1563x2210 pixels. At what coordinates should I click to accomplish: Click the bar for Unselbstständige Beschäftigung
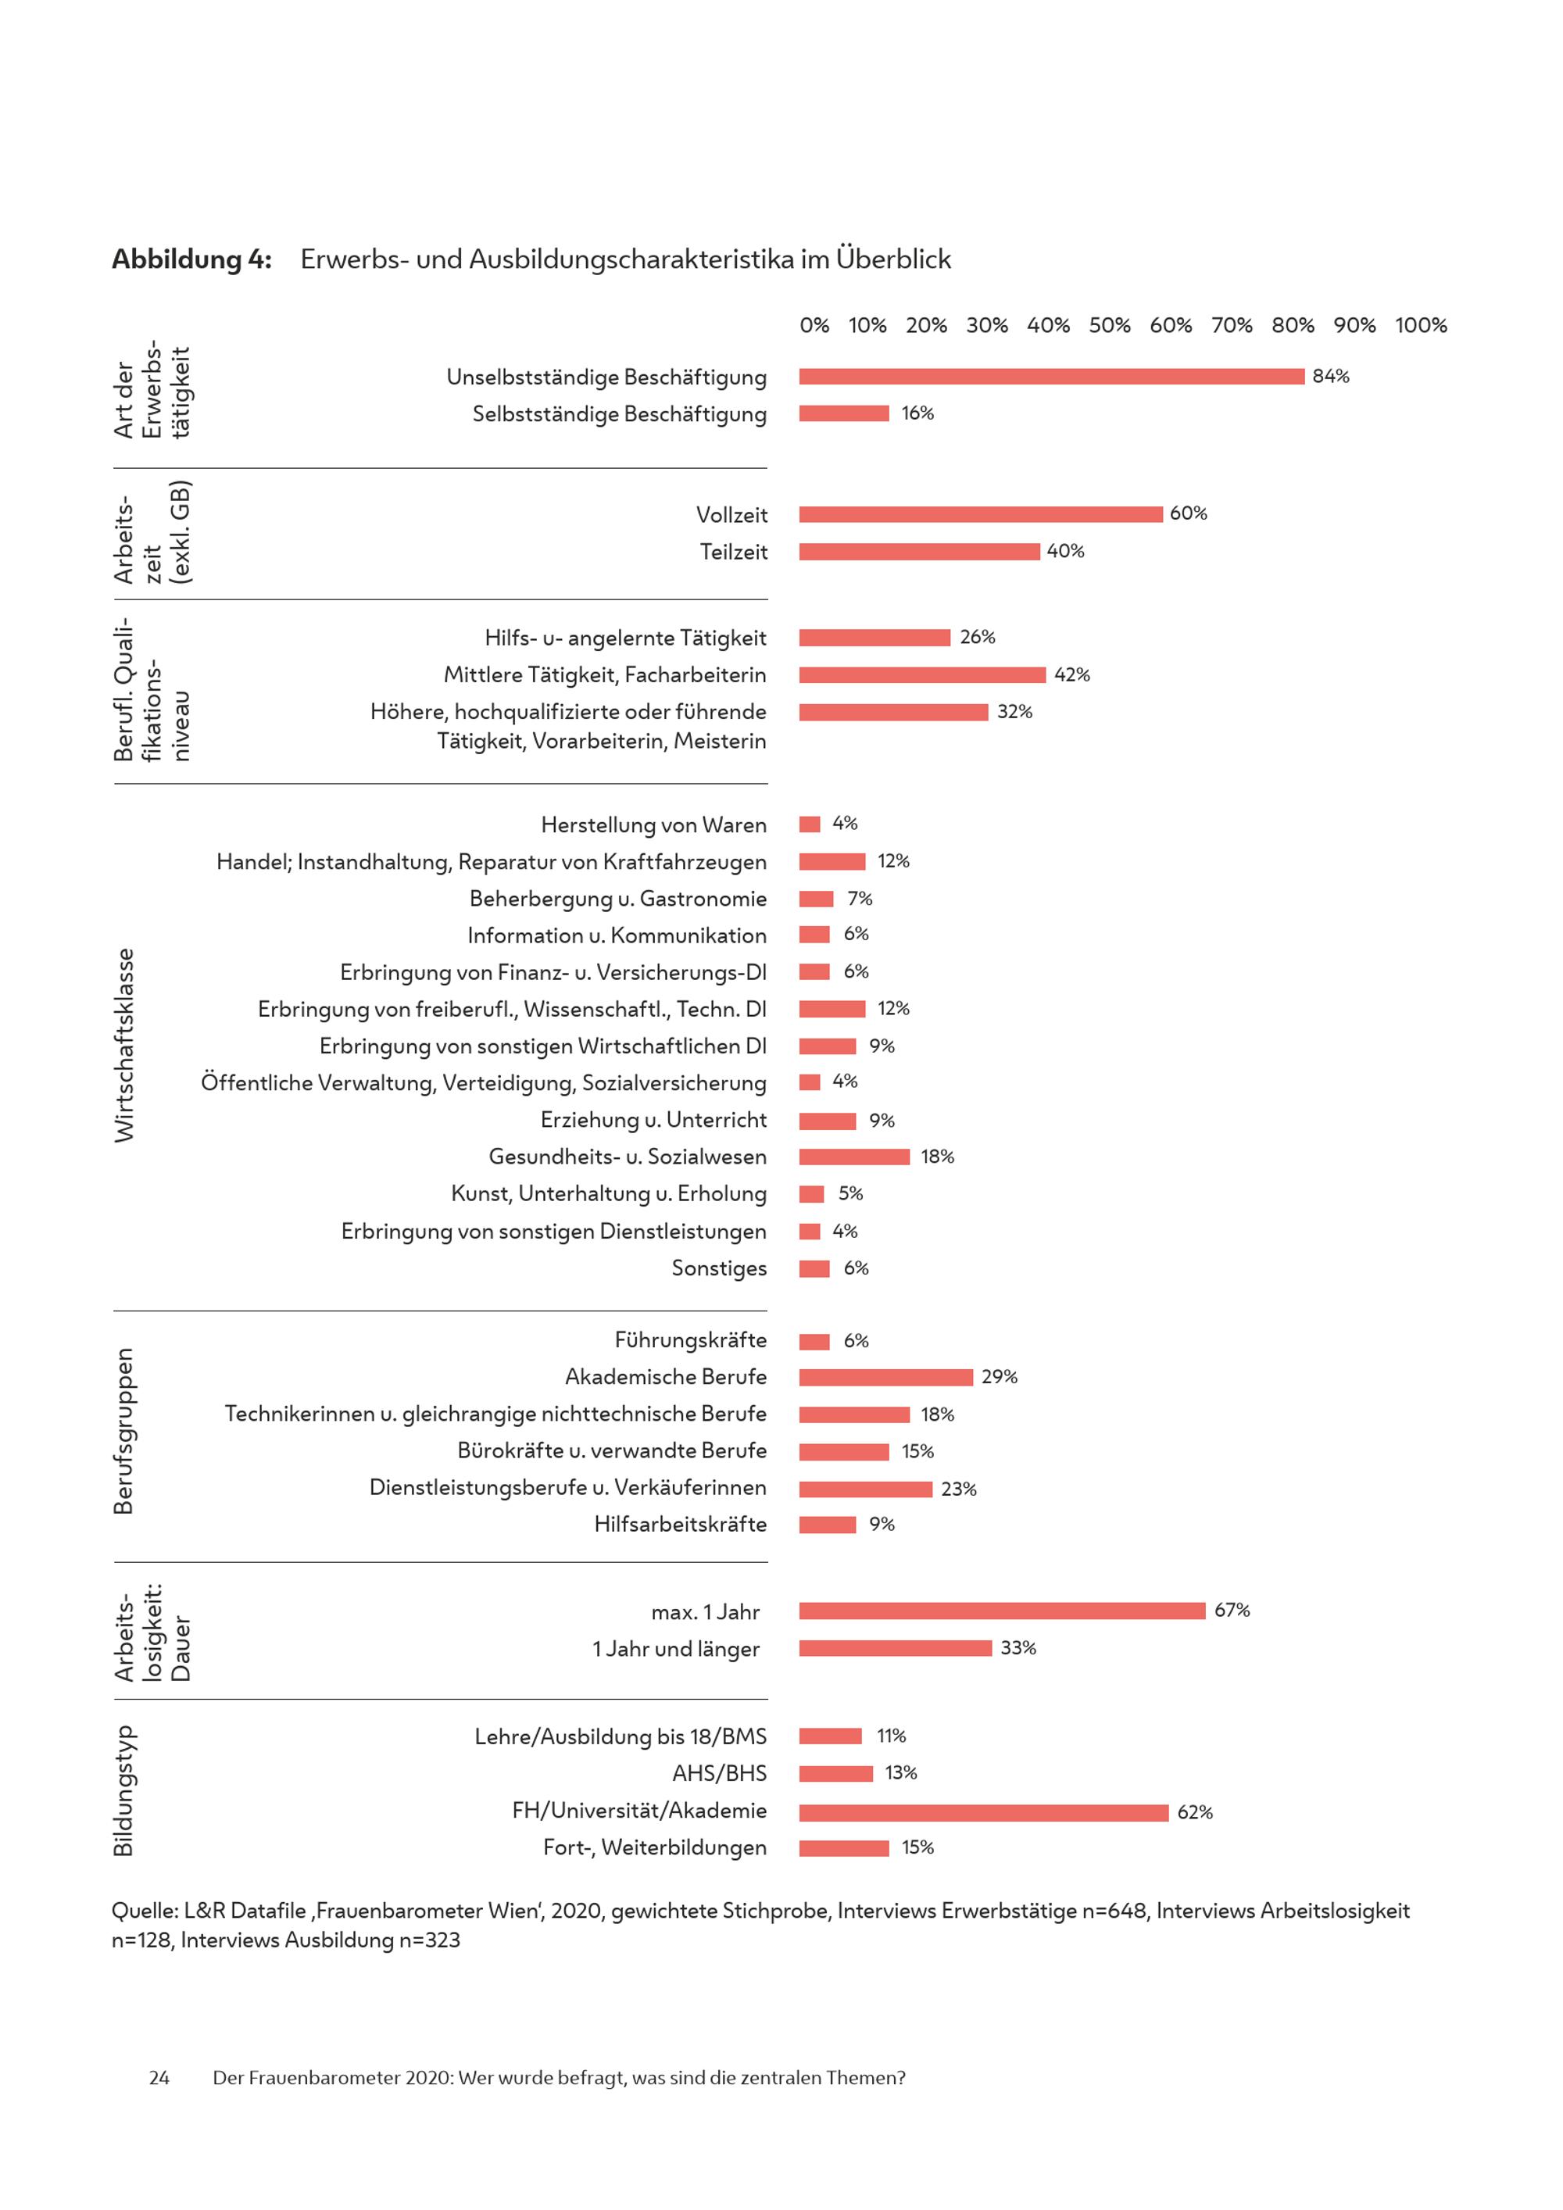coord(1051,377)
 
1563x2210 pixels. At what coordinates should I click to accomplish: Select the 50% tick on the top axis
coord(1109,325)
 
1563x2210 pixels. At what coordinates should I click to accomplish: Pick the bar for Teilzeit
coord(919,552)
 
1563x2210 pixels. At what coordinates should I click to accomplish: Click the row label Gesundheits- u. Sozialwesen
coord(628,1157)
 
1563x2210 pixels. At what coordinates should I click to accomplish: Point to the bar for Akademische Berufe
coord(885,1378)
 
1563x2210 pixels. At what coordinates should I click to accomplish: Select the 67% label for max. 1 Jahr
coord(1231,1611)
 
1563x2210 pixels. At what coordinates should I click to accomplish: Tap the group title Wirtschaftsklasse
coord(125,1046)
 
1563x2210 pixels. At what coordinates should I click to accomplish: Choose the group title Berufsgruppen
coord(124,1432)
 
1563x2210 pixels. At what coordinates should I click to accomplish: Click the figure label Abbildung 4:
coord(191,259)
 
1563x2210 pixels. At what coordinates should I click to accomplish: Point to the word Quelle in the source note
coord(141,1911)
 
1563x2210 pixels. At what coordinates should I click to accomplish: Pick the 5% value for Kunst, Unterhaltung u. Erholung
coord(849,1193)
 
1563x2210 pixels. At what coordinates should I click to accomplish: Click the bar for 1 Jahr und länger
coord(895,1649)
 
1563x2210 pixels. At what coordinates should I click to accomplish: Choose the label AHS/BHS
coord(719,1774)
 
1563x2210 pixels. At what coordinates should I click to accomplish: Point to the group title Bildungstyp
coord(124,1792)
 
